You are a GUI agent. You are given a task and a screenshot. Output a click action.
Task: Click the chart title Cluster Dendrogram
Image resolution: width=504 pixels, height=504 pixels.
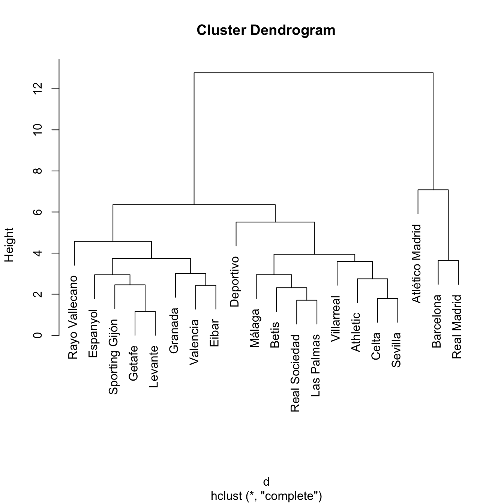click(266, 30)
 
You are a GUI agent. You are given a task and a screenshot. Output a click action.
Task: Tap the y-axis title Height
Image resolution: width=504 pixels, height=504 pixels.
click(9, 244)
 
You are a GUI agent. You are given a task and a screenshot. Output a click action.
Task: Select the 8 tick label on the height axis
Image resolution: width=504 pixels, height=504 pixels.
click(37, 171)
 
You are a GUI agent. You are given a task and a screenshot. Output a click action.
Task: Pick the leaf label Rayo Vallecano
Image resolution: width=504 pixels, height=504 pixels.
click(73, 317)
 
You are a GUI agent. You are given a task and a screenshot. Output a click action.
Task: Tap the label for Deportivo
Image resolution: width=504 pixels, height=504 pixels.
click(235, 282)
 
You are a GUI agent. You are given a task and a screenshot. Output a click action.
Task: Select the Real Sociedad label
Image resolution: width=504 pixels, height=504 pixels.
click(295, 373)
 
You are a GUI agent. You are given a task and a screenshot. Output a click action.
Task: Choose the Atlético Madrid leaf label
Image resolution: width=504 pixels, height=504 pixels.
click(417, 264)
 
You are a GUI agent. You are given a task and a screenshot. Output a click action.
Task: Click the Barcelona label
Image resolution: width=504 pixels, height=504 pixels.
click(437, 321)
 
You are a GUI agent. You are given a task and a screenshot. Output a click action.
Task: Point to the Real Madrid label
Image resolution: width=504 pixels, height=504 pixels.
click(457, 327)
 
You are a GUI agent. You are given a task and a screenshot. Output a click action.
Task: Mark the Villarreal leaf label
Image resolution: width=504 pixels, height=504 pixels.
click(336, 319)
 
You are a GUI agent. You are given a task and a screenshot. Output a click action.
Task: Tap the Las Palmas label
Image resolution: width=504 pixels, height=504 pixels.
click(316, 366)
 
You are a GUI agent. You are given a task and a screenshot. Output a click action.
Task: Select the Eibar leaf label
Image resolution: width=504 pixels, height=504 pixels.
click(214, 333)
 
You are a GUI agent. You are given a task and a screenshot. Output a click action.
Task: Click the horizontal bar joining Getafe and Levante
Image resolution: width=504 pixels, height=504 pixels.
click(145, 311)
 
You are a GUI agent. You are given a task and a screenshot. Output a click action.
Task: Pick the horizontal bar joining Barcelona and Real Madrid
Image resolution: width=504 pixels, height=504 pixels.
click(448, 260)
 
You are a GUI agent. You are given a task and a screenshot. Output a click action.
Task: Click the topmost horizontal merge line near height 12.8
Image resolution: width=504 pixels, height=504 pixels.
click(313, 73)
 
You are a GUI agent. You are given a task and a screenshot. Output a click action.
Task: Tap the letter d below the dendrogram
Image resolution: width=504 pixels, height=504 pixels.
click(266, 482)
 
